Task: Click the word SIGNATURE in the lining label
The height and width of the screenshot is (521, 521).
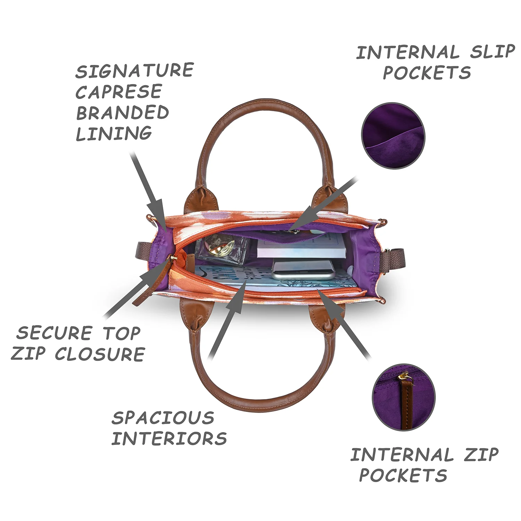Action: click(x=135, y=71)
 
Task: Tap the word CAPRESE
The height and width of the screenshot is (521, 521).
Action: click(x=119, y=92)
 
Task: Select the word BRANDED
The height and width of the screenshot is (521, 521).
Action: click(x=122, y=113)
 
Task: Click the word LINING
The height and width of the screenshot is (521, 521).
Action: click(x=114, y=133)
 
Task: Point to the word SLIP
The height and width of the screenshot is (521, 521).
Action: click(x=493, y=52)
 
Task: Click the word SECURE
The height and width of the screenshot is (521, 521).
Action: click(x=54, y=333)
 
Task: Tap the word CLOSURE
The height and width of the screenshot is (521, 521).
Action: click(x=100, y=354)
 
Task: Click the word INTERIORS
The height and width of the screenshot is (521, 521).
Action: click(x=169, y=438)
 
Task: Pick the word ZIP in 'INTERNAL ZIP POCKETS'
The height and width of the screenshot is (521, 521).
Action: click(x=481, y=455)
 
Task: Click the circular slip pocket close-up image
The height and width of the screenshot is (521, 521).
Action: click(x=393, y=136)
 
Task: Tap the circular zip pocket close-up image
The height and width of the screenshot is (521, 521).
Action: click(x=404, y=397)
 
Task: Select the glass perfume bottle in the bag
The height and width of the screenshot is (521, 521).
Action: click(x=222, y=249)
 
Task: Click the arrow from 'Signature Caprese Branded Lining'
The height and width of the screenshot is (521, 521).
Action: click(x=148, y=190)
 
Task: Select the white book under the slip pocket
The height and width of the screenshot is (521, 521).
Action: click(x=301, y=246)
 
